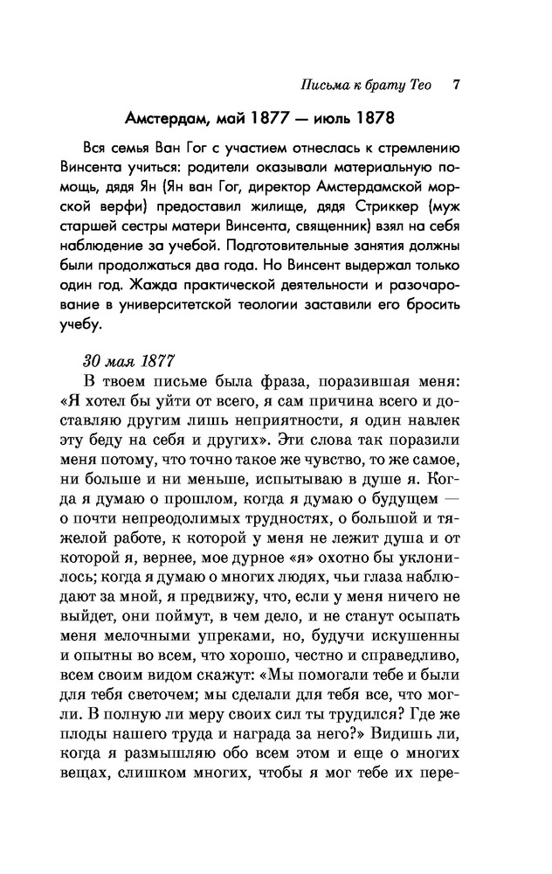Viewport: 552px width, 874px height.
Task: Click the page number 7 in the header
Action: point(457,86)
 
